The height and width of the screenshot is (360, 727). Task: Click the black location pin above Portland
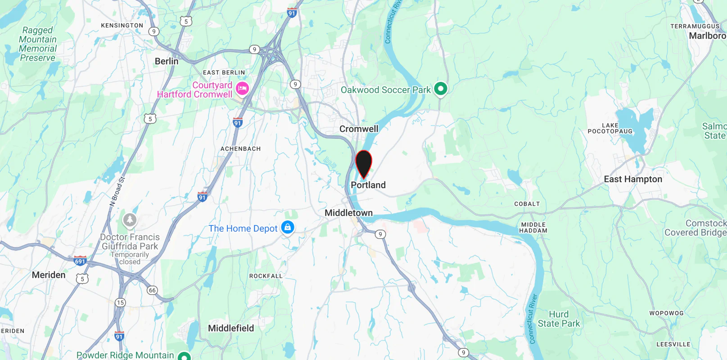(363, 163)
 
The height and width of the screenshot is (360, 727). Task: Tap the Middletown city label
(348, 213)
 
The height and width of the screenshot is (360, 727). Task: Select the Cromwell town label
(359, 129)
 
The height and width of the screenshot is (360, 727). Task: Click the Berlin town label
(167, 61)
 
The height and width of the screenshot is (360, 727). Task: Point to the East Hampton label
(633, 179)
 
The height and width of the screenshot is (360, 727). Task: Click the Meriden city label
(49, 275)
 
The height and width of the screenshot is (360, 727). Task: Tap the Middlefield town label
(231, 328)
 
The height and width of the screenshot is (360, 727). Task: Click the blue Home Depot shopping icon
(288, 228)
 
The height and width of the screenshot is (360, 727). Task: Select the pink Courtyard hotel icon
(242, 89)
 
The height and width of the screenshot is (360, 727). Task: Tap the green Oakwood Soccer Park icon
(441, 89)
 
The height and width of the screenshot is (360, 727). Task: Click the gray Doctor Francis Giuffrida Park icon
(130, 220)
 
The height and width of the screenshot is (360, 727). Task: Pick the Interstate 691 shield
(80, 261)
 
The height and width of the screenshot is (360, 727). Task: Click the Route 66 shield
(152, 290)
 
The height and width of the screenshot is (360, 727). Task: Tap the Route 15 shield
(120, 302)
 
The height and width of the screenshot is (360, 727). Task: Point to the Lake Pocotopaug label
(610, 128)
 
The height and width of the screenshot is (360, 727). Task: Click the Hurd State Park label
(559, 319)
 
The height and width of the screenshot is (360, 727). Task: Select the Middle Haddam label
(533, 228)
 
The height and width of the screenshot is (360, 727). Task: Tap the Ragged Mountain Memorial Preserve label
(38, 44)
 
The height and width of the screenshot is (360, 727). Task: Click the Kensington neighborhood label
(122, 26)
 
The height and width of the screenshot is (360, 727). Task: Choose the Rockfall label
(266, 276)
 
